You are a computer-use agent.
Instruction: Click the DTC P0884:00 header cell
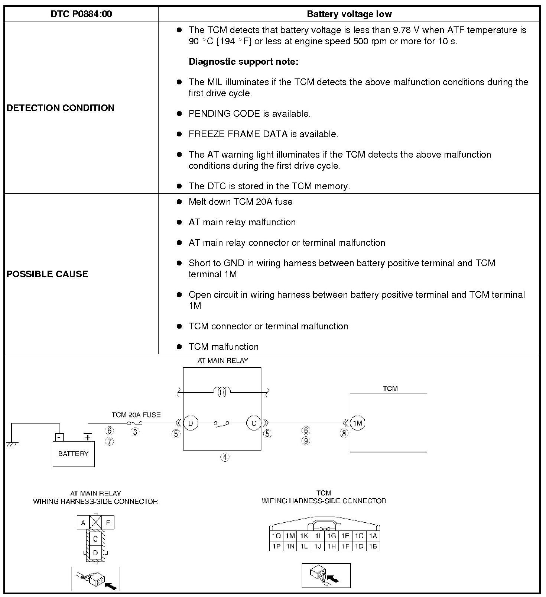[x=81, y=14]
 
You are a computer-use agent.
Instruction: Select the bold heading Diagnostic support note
[x=243, y=62]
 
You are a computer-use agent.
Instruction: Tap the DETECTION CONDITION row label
[x=61, y=108]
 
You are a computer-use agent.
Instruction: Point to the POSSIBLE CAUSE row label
[x=48, y=274]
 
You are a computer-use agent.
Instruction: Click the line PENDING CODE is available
[x=249, y=114]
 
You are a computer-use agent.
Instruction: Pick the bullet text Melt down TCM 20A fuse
[x=240, y=202]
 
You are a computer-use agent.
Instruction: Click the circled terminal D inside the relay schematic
[x=191, y=423]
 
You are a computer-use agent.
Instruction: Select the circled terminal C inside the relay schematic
[x=254, y=423]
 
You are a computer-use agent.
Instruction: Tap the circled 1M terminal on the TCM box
[x=357, y=423]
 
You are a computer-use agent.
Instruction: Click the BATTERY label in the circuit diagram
[x=73, y=454]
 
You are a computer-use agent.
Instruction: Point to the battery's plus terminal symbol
[x=88, y=437]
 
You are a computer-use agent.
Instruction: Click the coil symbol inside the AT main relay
[x=222, y=391]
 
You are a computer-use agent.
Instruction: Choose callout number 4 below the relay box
[x=225, y=457]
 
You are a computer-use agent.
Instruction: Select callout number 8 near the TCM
[x=344, y=433]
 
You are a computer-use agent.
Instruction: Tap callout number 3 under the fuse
[x=135, y=432]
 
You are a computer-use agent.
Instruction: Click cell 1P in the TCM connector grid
[x=276, y=546]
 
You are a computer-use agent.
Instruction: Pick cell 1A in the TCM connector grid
[x=373, y=536]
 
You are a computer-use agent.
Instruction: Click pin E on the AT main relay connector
[x=108, y=523]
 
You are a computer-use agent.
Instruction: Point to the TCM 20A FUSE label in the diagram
[x=136, y=414]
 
